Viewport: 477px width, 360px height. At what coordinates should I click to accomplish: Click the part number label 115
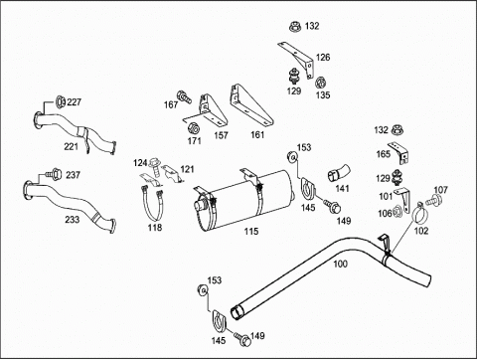pos(251,232)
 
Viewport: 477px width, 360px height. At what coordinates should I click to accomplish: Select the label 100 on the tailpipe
pos(340,264)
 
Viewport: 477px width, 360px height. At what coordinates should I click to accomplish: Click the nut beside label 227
pos(60,101)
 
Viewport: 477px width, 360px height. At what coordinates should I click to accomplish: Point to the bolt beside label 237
pos(54,173)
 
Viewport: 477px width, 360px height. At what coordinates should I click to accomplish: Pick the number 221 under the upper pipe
pos(71,146)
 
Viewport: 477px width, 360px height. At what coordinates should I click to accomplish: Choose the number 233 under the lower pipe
pos(72,219)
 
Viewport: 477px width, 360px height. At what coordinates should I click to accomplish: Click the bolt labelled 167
pos(184,96)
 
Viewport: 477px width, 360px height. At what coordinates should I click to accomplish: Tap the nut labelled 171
pos(193,127)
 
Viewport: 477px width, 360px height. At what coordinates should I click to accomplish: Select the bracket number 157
pos(221,135)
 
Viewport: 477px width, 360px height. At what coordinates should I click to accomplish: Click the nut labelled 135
pos(320,83)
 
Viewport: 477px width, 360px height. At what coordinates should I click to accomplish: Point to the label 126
pos(323,58)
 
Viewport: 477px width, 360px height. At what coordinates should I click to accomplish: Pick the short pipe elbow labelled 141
pos(338,173)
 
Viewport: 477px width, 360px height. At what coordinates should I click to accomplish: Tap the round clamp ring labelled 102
pos(419,215)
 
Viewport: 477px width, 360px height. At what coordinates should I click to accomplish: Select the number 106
pos(385,214)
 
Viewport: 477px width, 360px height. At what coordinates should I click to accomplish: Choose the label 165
pos(384,154)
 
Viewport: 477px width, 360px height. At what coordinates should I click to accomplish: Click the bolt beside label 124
pos(155,165)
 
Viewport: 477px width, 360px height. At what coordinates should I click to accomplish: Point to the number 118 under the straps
pos(155,228)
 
